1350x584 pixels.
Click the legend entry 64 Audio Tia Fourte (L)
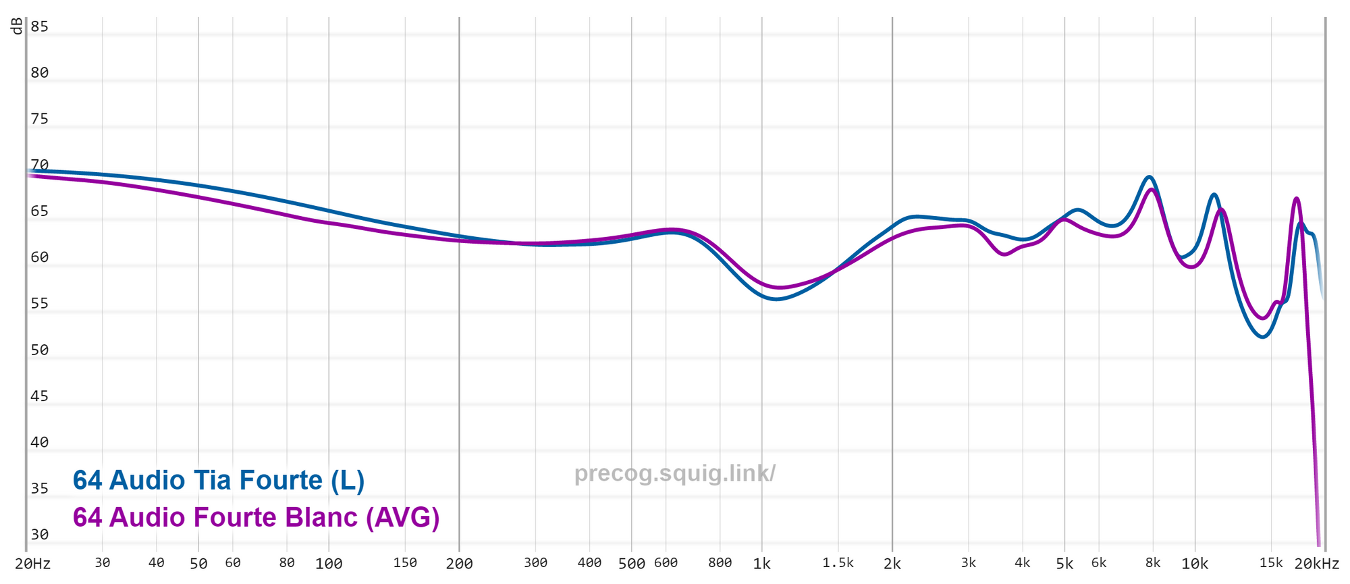coord(219,481)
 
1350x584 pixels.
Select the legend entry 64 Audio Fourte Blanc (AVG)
coord(256,518)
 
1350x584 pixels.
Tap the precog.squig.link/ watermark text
coord(674,473)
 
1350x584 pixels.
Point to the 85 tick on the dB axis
coord(39,27)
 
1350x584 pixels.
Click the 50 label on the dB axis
coord(39,350)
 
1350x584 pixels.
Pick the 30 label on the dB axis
coord(39,535)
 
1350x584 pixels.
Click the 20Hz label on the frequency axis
coord(33,564)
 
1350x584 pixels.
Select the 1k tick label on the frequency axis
coord(761,564)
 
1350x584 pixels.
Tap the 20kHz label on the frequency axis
coord(1316,564)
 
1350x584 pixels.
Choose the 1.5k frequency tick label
coord(838,563)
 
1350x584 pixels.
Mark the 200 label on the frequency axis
coord(459,564)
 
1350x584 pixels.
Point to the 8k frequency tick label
coord(1153,563)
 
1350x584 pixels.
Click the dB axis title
coord(16,26)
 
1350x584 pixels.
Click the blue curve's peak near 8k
coord(1149,177)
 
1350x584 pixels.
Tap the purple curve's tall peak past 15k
coord(1296,198)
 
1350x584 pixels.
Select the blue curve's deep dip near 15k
coord(1262,337)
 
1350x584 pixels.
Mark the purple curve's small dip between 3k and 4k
coord(1004,255)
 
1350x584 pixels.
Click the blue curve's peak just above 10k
coord(1214,194)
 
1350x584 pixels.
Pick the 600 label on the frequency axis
coord(666,563)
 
